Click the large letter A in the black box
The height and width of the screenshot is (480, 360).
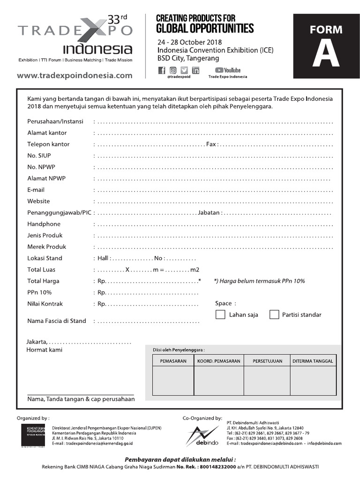click(x=322, y=54)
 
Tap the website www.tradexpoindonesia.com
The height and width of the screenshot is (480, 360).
click(x=75, y=75)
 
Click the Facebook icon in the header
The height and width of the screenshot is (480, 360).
click(x=162, y=71)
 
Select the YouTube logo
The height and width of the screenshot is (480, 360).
click(x=228, y=70)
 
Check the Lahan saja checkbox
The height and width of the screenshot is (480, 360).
click(x=220, y=315)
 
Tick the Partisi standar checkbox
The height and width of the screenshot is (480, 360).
click(x=274, y=315)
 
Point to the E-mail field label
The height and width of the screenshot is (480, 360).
click(x=36, y=190)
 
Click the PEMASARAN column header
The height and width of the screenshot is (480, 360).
click(x=173, y=361)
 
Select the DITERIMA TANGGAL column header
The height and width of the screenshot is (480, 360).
click(x=313, y=361)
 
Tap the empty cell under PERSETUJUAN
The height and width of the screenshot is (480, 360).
click(x=267, y=381)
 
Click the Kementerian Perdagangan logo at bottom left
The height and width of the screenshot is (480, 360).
click(x=33, y=436)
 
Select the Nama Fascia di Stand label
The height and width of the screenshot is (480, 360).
click(x=57, y=321)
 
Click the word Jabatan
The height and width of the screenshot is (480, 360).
click(x=209, y=213)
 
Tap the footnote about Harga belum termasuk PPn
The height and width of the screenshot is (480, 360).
click(x=259, y=281)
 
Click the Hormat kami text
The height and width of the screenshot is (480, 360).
click(x=44, y=350)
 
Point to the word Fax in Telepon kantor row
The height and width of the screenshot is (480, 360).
click(x=211, y=144)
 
